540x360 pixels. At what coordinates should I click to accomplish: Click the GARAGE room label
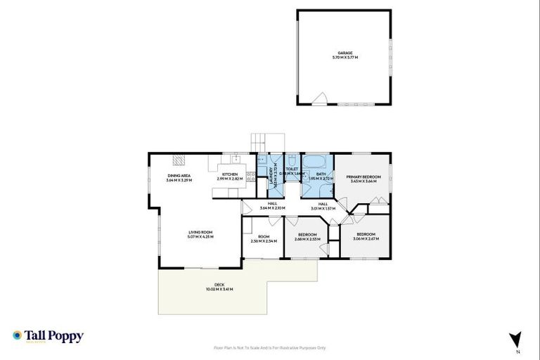point(345,53)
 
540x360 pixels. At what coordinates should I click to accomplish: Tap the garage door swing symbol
point(320,99)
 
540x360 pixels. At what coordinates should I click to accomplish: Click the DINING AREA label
point(179,177)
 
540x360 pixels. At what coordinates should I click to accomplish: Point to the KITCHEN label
point(230,176)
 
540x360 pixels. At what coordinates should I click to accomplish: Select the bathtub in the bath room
point(316,160)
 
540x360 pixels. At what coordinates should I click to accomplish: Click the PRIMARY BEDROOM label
point(364,179)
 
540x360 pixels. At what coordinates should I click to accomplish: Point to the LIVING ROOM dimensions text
point(200,237)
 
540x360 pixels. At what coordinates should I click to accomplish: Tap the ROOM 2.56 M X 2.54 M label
point(264,239)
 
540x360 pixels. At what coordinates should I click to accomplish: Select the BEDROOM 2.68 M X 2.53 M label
point(307,236)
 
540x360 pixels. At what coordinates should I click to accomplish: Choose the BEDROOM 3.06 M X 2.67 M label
point(366,236)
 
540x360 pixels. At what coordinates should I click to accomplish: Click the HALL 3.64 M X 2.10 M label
point(272,205)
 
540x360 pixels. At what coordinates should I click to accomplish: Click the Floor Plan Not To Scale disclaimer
point(269,347)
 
